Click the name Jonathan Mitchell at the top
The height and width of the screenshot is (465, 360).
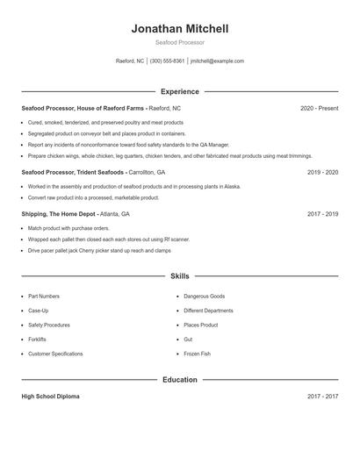click(180, 29)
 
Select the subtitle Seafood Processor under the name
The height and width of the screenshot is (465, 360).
click(180, 42)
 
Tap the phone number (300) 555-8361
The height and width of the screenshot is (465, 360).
click(167, 61)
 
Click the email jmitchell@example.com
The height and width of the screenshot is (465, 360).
click(218, 61)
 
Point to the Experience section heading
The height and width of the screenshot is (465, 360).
click(180, 91)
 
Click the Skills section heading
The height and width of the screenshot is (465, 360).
click(180, 275)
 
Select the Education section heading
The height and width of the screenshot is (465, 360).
click(180, 380)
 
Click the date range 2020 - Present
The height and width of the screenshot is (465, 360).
click(319, 108)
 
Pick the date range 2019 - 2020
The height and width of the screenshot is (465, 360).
click(322, 173)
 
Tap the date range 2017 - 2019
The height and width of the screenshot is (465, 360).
click(322, 214)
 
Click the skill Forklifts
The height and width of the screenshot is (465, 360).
click(38, 339)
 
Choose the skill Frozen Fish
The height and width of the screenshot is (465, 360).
click(198, 354)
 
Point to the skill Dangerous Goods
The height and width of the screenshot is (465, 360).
click(204, 297)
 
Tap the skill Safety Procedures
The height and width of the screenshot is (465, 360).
click(49, 325)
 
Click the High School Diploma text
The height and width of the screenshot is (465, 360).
click(50, 397)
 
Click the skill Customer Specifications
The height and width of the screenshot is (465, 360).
click(55, 354)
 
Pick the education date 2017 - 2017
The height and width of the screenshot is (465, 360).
click(322, 397)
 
